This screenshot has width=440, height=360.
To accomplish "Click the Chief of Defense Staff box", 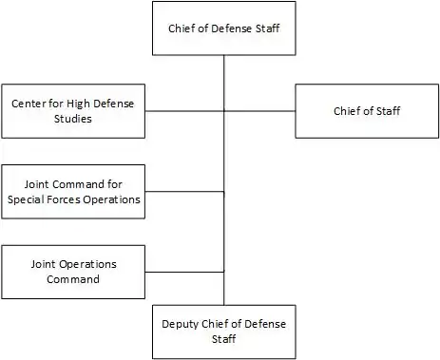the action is [x=224, y=28].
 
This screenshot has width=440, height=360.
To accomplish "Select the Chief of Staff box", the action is [x=367, y=111].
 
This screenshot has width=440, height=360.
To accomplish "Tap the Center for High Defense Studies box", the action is [x=73, y=111].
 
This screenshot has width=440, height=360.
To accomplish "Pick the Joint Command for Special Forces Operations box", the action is [x=73, y=192].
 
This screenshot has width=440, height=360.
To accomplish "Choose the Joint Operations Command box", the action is [x=73, y=272].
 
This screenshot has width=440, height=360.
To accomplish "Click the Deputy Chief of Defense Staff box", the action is [x=224, y=332].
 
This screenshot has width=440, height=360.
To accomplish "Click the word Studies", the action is [x=73, y=119].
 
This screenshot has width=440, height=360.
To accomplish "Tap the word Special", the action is [x=28, y=199].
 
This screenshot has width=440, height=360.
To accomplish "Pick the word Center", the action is [x=29, y=104].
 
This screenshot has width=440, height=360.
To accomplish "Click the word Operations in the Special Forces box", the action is [x=111, y=199].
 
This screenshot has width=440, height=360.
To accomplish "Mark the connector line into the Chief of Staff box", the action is [x=259, y=111].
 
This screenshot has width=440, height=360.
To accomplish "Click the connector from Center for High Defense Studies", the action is [x=184, y=111].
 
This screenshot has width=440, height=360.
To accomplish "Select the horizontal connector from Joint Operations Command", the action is [x=184, y=272].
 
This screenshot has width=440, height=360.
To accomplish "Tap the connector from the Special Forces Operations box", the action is [x=184, y=192].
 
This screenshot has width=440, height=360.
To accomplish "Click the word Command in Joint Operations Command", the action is [x=73, y=279].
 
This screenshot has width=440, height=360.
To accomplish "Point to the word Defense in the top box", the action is [x=232, y=28].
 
